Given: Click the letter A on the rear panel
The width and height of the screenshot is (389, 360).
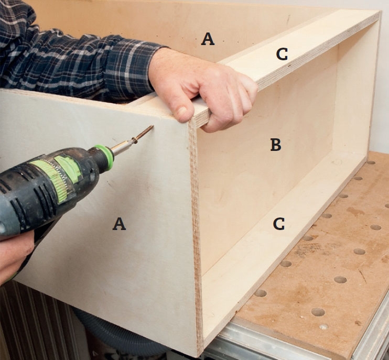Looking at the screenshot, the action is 208,39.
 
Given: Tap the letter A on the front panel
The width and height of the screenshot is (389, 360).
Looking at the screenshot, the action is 119,224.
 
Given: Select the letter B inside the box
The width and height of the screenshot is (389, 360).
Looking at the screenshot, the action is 276,145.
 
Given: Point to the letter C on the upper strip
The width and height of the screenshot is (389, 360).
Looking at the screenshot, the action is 282,54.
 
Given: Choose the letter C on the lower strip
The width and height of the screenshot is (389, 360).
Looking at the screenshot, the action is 279,224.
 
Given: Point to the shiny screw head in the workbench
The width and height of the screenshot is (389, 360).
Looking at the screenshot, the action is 323,327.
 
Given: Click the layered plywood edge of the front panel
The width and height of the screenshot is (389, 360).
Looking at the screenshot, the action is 196,238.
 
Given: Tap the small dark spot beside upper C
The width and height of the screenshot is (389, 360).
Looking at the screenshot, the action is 289,66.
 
